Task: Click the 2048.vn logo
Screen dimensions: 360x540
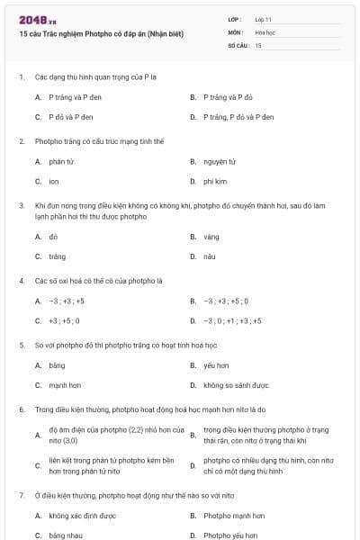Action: click(x=37, y=19)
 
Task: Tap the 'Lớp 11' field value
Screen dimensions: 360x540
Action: click(x=264, y=18)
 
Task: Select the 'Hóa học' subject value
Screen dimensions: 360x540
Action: click(x=264, y=31)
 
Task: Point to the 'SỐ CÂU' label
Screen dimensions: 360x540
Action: click(x=237, y=44)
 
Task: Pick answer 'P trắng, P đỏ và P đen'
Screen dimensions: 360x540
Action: click(x=232, y=117)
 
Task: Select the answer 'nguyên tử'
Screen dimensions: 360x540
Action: click(x=219, y=162)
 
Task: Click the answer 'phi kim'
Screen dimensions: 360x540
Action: click(x=215, y=182)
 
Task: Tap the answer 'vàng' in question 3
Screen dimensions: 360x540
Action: click(x=211, y=237)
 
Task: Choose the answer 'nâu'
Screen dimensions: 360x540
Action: click(x=209, y=256)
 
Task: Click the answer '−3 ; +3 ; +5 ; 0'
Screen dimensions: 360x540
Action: click(x=226, y=301)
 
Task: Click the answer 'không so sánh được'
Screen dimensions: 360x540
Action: click(x=236, y=385)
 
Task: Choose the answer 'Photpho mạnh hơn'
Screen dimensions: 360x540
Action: click(x=234, y=516)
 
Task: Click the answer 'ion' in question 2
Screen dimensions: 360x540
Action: click(x=54, y=182)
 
